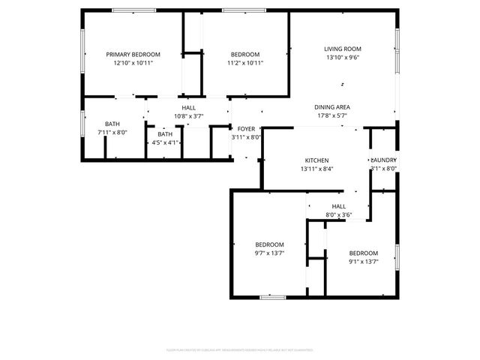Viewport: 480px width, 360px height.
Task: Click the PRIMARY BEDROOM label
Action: [x=133, y=55]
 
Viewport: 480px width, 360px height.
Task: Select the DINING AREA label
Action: [x=332, y=107]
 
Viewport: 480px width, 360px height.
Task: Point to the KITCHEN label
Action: [x=316, y=160]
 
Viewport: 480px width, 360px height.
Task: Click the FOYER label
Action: [x=246, y=128]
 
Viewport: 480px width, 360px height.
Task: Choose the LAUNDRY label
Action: [x=383, y=160]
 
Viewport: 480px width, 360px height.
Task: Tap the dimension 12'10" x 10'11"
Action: [x=133, y=63]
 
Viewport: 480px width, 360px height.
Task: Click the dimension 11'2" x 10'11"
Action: [x=245, y=63]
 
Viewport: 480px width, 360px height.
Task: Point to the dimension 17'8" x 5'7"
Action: [x=332, y=116]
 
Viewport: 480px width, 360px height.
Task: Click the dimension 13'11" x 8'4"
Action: [x=316, y=169]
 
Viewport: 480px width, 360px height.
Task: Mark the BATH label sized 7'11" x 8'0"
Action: [x=112, y=124]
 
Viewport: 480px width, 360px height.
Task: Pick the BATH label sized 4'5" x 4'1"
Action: [x=164, y=134]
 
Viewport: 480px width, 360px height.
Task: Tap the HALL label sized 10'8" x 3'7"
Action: [x=189, y=108]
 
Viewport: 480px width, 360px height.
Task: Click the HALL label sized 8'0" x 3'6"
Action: [x=339, y=206]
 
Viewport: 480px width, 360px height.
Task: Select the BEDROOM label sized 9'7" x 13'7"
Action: [x=269, y=245]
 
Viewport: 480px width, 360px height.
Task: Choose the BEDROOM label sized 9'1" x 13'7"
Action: [x=363, y=253]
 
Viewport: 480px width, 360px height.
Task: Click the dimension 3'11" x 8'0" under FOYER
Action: [x=246, y=137]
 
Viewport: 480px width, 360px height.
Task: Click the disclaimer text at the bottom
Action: [x=240, y=349]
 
